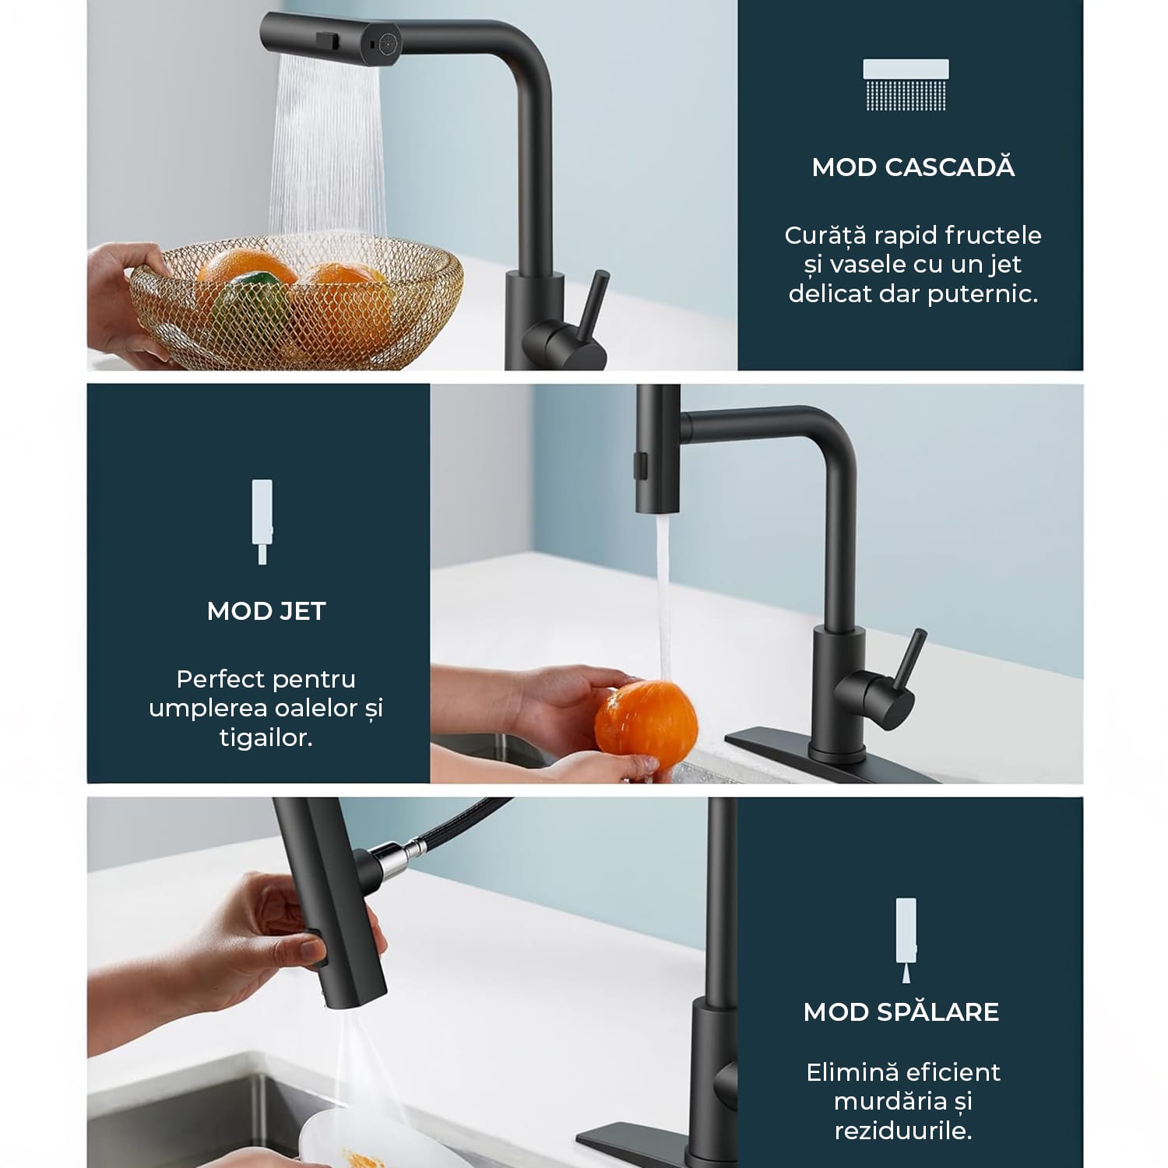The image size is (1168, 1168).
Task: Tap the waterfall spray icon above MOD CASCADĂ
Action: (906, 85)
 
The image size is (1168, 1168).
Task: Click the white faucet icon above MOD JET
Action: (262, 521)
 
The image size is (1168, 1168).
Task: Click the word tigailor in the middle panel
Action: (266, 738)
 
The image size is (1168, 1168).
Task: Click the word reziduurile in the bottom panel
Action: (903, 1131)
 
